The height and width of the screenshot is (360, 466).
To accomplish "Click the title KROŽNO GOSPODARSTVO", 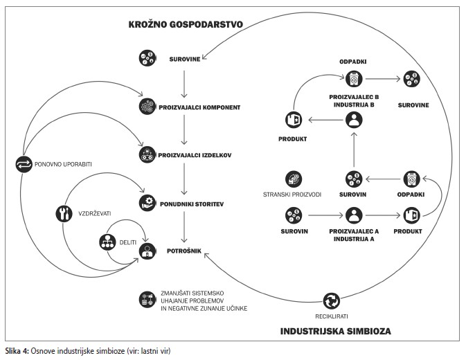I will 185,24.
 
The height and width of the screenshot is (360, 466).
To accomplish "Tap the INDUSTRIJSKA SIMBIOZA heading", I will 335,331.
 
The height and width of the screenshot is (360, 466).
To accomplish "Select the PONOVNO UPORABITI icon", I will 22,164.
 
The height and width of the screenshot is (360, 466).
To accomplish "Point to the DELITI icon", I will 107,243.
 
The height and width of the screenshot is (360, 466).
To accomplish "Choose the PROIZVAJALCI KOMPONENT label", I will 199,109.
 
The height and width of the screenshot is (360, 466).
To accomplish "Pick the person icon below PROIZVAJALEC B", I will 354,121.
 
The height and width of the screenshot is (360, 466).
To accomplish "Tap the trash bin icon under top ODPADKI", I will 354,78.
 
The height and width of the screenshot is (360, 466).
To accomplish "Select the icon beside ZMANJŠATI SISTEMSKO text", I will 146,298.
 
